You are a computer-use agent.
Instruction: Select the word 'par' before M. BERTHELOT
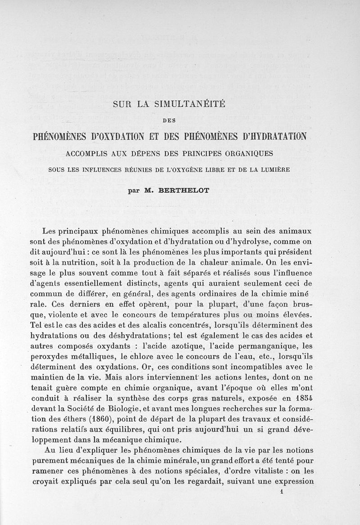pos(134,190)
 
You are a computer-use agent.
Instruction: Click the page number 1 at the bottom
pos(281,492)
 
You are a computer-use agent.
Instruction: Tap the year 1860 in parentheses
pos(104,420)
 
